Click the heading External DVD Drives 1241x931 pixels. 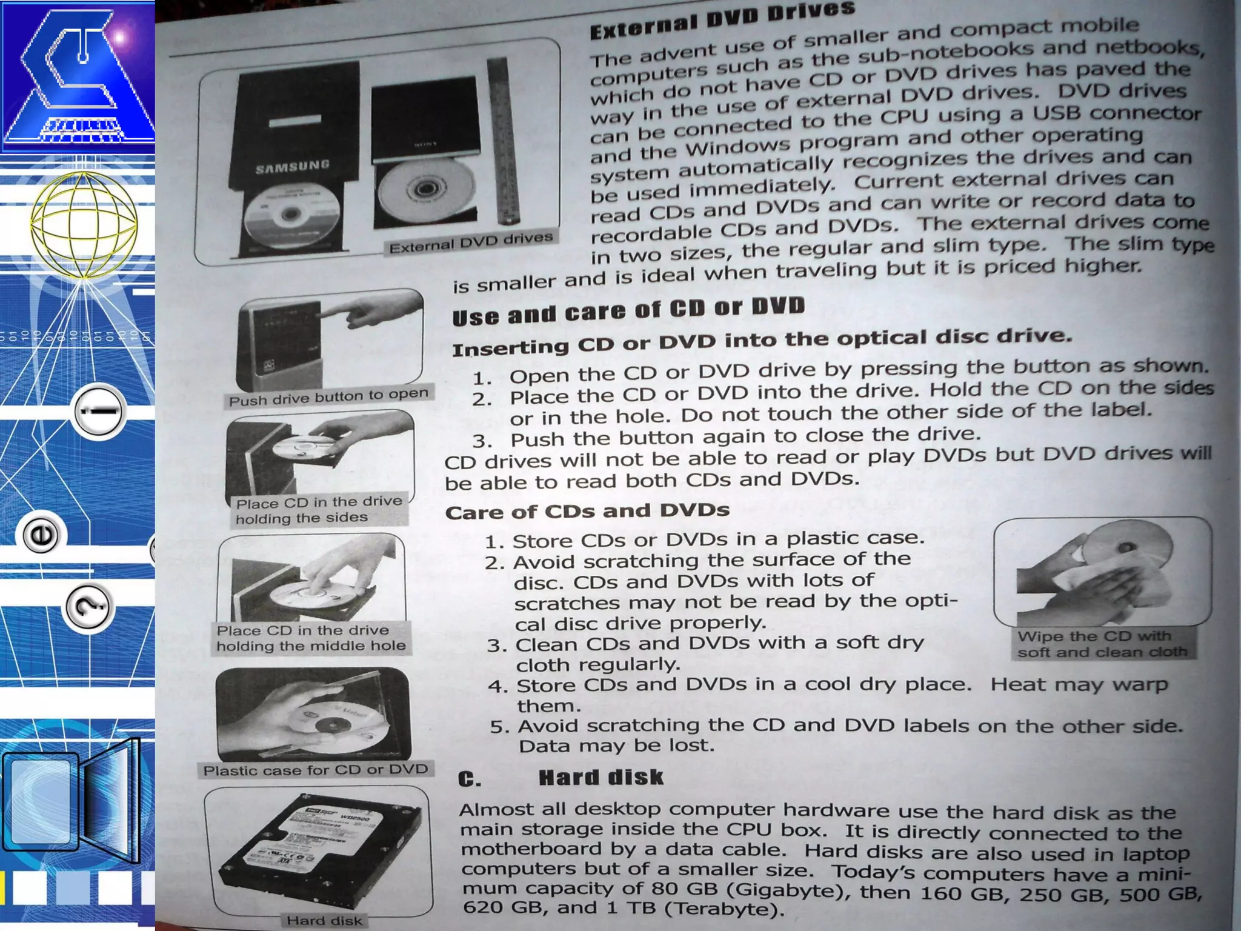(x=722, y=20)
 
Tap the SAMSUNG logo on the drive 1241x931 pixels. (x=293, y=166)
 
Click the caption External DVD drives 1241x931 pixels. (x=471, y=242)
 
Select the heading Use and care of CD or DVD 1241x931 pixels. (x=628, y=311)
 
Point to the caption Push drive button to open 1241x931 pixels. (x=329, y=397)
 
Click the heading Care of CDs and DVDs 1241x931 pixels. (x=587, y=511)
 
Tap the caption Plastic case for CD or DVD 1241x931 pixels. (x=316, y=770)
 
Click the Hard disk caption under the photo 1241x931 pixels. (x=324, y=920)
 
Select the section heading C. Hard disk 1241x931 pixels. (x=561, y=778)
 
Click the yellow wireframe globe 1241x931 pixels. (x=84, y=225)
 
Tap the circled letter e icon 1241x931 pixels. (x=42, y=535)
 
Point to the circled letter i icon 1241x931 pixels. (x=101, y=411)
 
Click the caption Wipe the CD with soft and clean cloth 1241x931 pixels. (x=1102, y=644)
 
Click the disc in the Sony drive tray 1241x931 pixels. (x=427, y=190)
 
